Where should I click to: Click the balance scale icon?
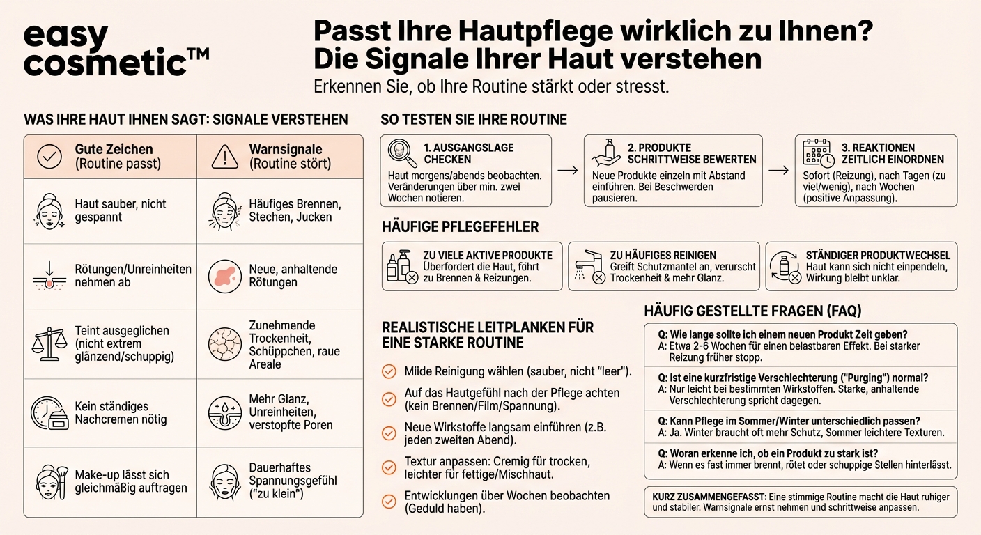(x=48, y=342)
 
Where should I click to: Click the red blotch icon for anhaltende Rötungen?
(x=224, y=276)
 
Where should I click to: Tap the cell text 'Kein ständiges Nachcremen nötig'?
(x=121, y=413)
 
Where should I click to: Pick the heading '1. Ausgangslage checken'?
(x=468, y=153)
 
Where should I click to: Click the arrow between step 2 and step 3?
(x=778, y=171)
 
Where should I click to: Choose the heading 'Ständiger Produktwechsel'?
(x=878, y=255)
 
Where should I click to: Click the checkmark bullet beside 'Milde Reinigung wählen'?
(x=389, y=371)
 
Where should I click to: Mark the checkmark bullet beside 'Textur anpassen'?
(x=389, y=467)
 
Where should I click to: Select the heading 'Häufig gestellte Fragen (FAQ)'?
(x=752, y=311)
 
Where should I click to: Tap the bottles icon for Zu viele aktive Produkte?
(x=401, y=267)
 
